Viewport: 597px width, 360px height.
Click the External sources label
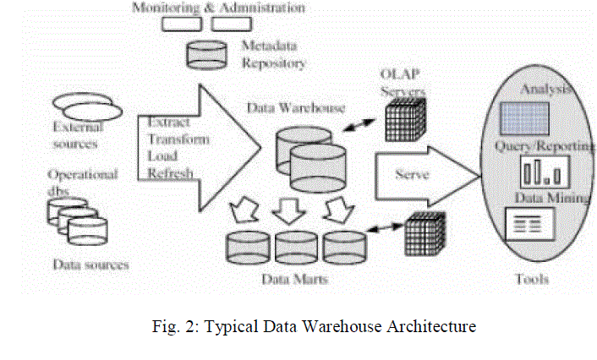[x=77, y=135]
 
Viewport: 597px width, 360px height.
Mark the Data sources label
[x=90, y=265]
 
